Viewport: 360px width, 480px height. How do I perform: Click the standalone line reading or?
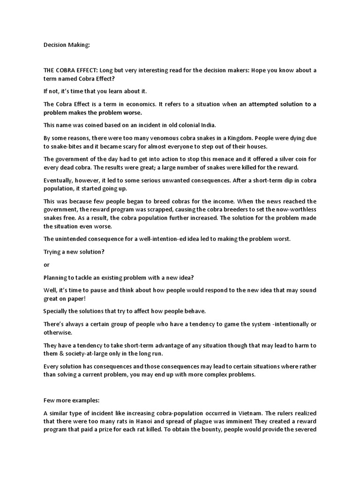46,264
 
